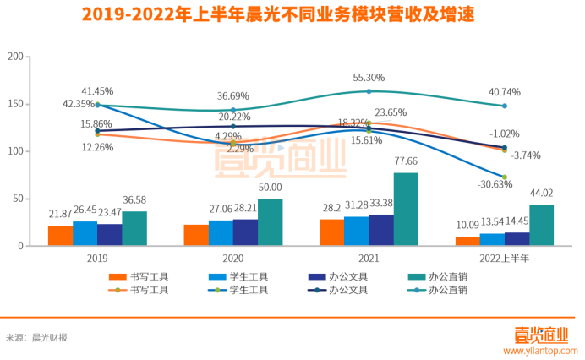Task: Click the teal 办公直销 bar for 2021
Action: coord(406,210)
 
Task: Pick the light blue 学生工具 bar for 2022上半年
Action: coord(492,239)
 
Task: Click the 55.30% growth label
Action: coord(369,78)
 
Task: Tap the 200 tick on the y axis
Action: coord(14,57)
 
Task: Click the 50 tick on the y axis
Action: coord(17,199)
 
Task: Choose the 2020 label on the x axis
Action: coord(232,258)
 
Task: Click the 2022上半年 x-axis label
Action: coord(505,258)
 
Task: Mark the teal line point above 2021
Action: coord(369,91)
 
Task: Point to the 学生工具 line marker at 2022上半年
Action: coord(505,177)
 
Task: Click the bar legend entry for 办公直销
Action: coord(449,276)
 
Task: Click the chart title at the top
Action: coord(292,15)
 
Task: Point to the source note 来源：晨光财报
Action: coord(36,337)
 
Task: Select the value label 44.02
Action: coord(542,194)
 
